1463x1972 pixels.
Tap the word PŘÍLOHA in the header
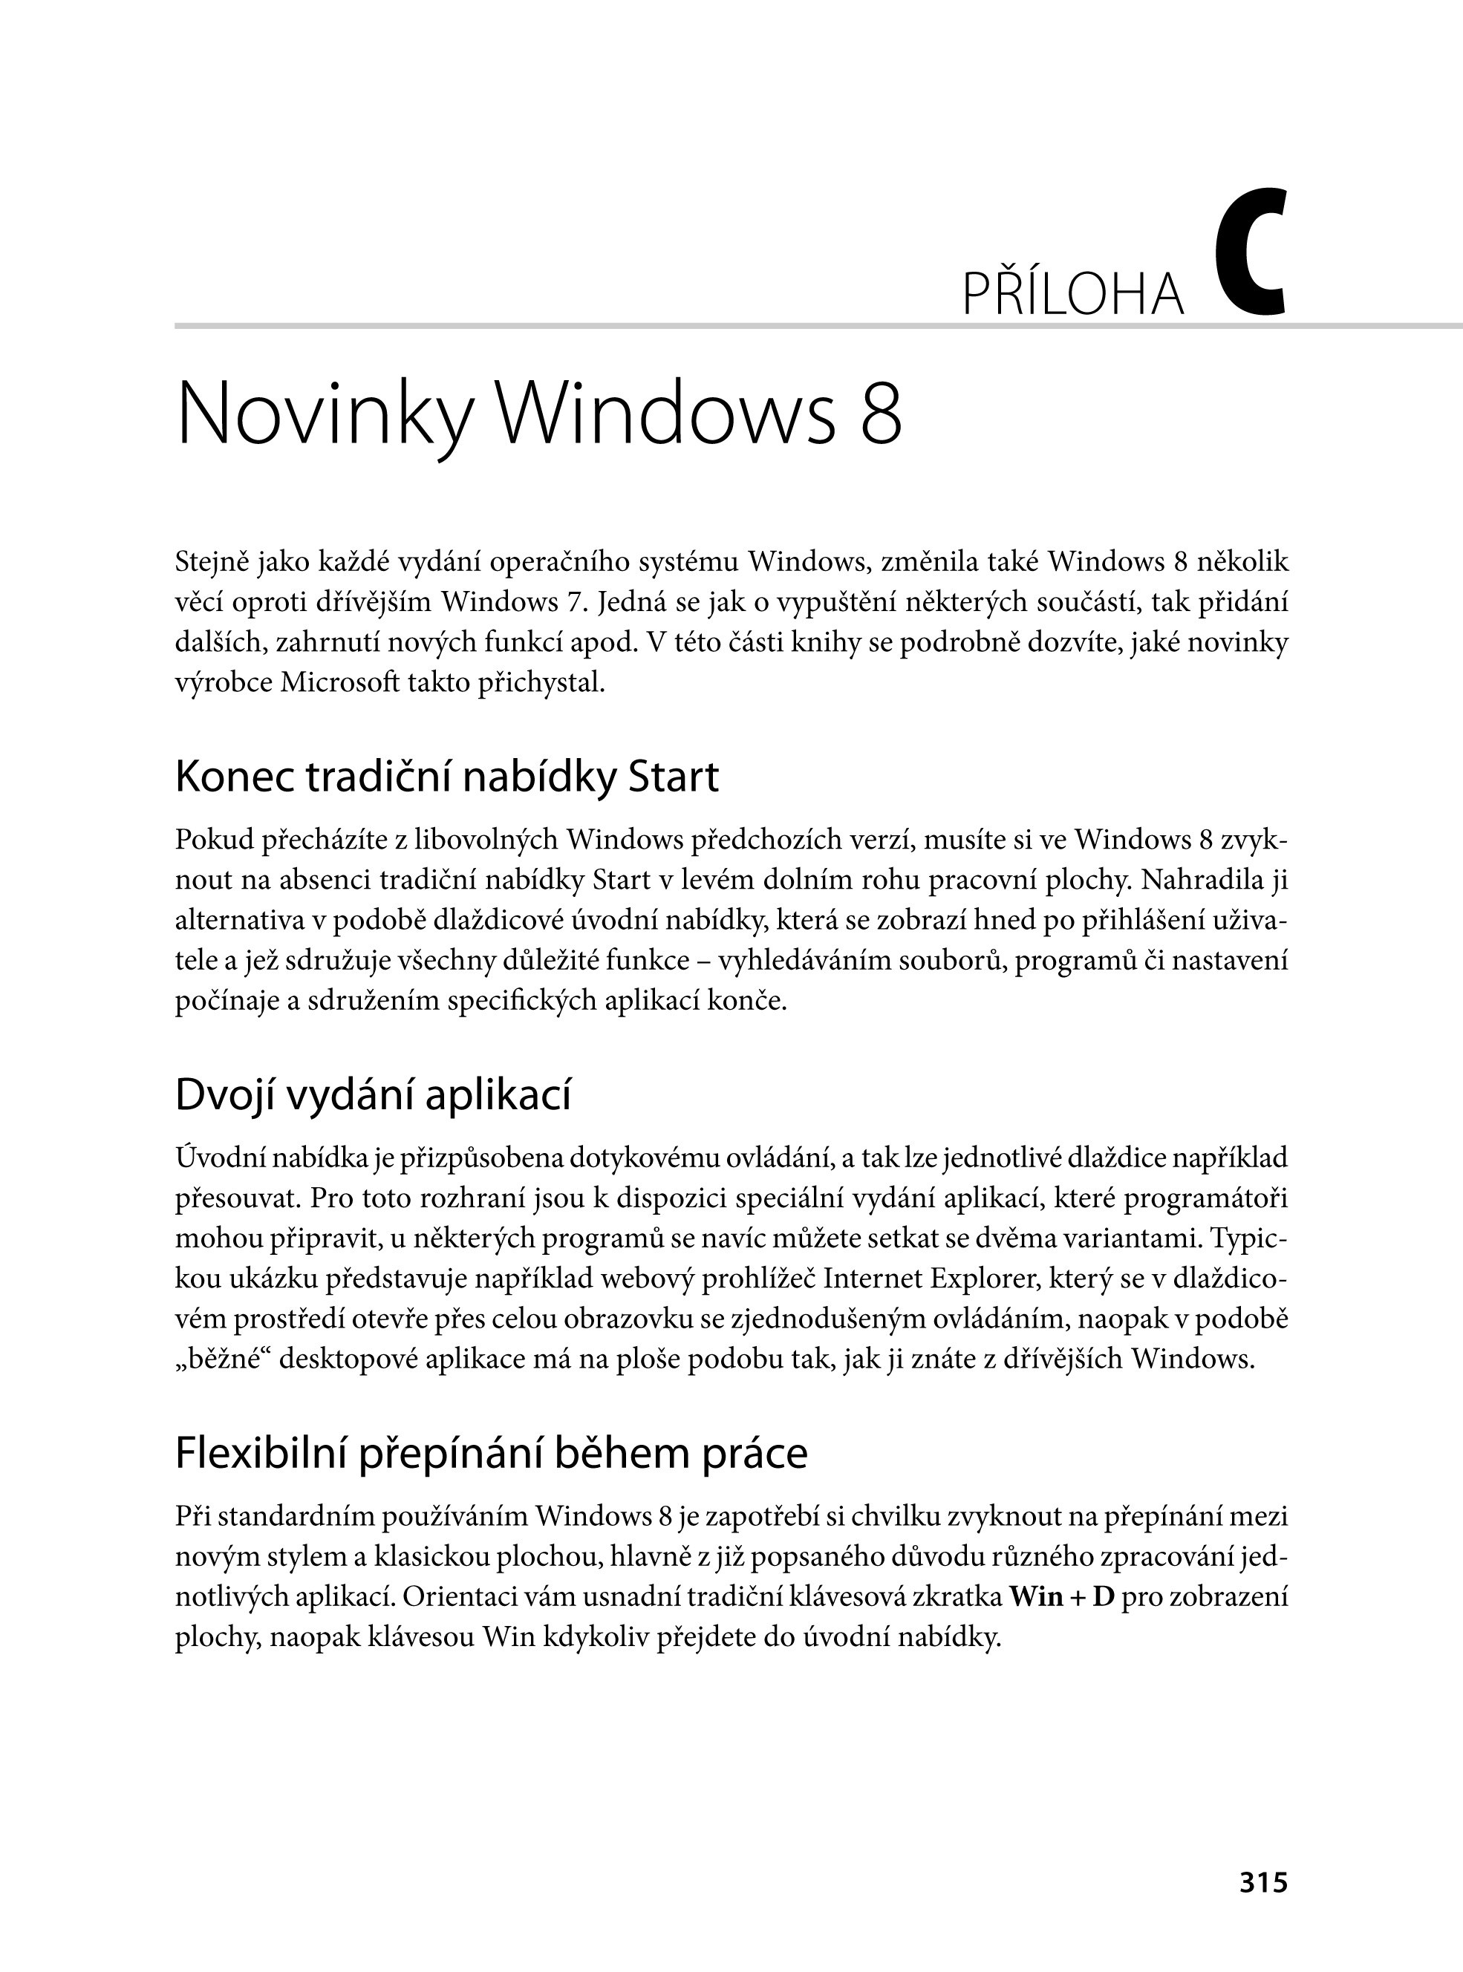[x=1072, y=296]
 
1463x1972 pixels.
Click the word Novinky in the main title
[x=322, y=415]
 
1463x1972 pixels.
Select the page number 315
[x=1264, y=1907]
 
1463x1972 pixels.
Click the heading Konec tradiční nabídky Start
[x=446, y=777]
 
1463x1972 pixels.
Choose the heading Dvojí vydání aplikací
[x=373, y=1094]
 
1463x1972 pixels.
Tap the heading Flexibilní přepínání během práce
[x=491, y=1453]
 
